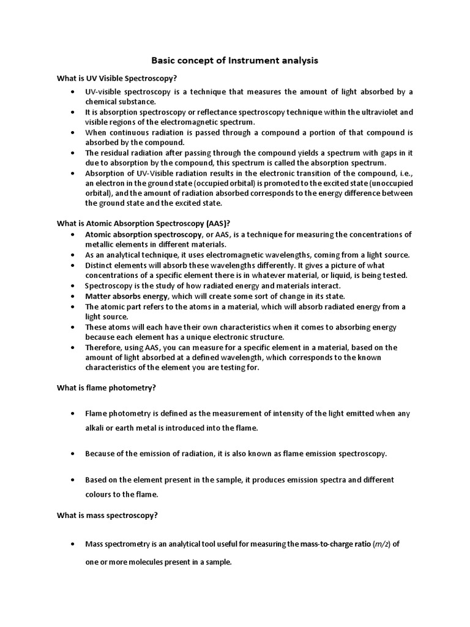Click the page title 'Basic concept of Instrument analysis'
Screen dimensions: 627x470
point(234,61)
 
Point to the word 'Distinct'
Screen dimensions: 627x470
point(99,265)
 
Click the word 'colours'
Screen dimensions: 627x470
point(99,494)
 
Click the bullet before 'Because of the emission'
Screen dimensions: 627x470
point(73,454)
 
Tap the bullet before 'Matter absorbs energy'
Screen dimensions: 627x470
point(73,296)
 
